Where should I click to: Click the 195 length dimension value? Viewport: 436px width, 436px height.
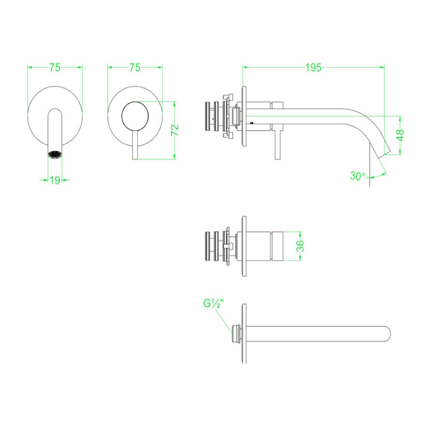[x=313, y=68]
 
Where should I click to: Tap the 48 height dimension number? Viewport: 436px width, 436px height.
[x=400, y=135]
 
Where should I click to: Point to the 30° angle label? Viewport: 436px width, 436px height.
[x=358, y=176]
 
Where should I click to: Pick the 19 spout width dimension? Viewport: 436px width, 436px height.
[x=55, y=180]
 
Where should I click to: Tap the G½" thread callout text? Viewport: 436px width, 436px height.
[x=213, y=304]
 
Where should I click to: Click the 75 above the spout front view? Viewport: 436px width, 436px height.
[x=55, y=68]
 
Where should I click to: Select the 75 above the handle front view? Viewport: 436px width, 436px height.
[x=135, y=68]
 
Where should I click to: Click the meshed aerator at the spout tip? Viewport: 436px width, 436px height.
[x=55, y=155]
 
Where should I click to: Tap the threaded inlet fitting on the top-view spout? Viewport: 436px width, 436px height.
[x=236, y=334]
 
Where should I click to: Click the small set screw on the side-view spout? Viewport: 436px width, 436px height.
[x=251, y=123]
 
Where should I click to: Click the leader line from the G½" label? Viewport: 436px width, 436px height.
[x=224, y=317]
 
